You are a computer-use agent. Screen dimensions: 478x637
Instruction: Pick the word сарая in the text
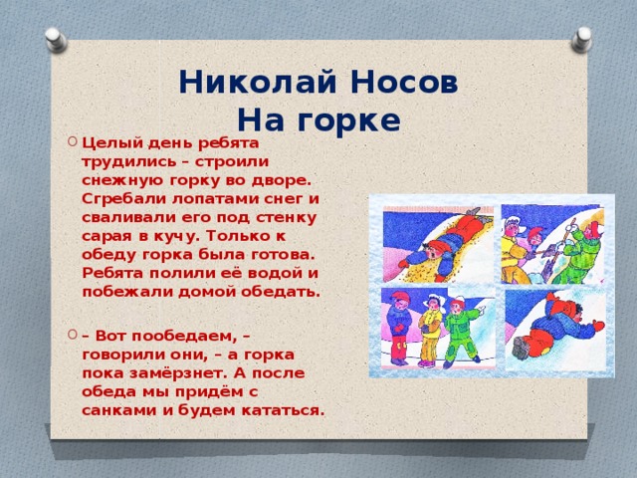(x=106, y=235)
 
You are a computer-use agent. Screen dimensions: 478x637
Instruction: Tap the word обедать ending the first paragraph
(x=285, y=292)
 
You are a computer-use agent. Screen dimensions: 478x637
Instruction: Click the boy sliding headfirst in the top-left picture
(x=449, y=240)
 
